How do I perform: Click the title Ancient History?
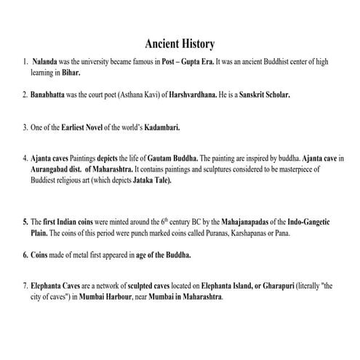(180, 45)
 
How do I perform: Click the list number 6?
(24, 255)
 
